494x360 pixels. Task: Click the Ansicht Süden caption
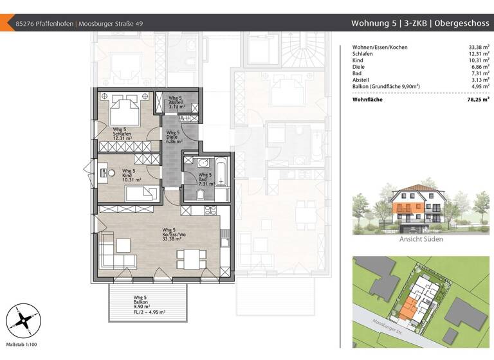tap(421, 239)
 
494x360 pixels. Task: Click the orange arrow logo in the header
tap(8, 24)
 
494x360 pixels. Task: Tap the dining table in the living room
tap(192, 256)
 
